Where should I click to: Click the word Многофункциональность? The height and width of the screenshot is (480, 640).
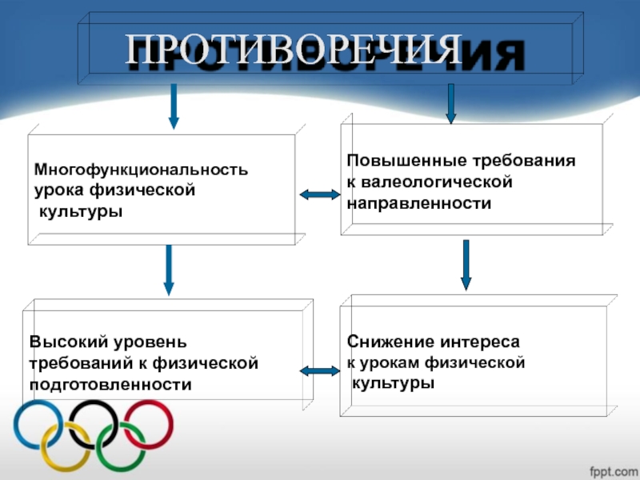tap(141, 170)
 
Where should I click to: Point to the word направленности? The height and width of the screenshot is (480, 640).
tap(418, 204)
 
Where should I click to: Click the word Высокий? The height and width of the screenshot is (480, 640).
tap(68, 342)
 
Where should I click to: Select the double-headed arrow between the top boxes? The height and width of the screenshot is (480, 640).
tap(320, 194)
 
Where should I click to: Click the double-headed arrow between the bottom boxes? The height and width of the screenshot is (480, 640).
tap(320, 370)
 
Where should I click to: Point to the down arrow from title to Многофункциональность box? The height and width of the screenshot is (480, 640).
tap(174, 106)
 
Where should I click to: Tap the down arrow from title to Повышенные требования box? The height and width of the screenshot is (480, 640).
tap(450, 102)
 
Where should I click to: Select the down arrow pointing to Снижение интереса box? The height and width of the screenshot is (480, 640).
tap(466, 265)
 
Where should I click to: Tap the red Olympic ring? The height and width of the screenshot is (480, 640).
tap(149, 422)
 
